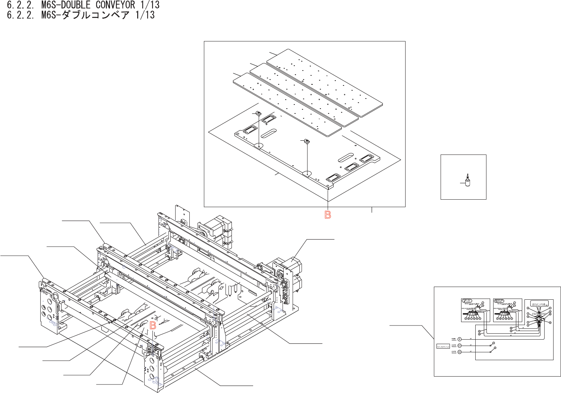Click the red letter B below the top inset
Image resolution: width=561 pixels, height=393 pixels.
(328, 215)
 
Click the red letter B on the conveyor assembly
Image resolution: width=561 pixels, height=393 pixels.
(153, 325)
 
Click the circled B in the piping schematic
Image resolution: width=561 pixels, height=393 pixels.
(460, 339)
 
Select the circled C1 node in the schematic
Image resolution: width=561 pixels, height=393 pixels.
(460, 346)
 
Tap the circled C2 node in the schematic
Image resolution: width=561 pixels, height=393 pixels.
(460, 352)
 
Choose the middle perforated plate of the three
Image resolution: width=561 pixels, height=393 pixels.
(306, 93)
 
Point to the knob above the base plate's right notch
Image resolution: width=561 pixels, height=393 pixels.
(307, 141)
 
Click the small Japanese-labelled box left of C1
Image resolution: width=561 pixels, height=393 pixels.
(444, 346)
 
